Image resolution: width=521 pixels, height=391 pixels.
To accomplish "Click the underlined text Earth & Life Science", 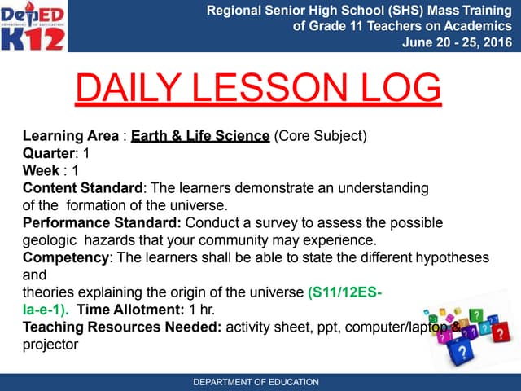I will [x=200, y=136].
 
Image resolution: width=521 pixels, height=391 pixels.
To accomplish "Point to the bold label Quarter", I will [x=49, y=153].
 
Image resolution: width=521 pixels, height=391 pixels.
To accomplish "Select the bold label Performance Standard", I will [x=102, y=222].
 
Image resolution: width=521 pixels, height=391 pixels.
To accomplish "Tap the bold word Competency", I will [x=65, y=257].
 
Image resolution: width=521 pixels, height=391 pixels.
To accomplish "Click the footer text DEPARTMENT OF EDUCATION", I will [x=256, y=382].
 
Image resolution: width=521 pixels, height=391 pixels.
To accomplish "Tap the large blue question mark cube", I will [x=462, y=351].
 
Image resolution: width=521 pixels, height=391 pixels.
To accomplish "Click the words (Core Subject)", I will [x=321, y=136].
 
